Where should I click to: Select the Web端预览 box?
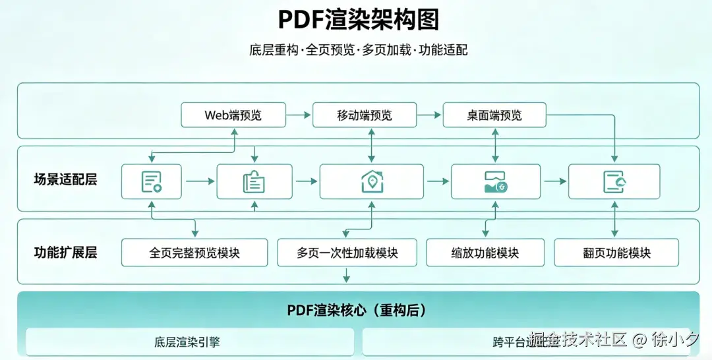coord(233,115)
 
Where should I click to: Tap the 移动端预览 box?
coord(365,115)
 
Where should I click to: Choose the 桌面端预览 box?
coord(494,115)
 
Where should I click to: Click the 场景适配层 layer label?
coord(65,179)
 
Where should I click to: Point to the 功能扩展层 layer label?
coord(65,253)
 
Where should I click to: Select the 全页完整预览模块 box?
coord(194,253)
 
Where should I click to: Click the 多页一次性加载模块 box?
coord(347,253)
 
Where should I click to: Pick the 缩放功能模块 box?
coord(485,253)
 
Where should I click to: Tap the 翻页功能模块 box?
coord(616,253)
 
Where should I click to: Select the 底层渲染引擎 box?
coord(190,342)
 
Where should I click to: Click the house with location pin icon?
coord(372,181)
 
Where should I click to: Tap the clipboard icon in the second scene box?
coord(254,181)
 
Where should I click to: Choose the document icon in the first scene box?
coord(152,181)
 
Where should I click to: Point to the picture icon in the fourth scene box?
coord(495,181)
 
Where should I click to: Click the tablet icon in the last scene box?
coord(614,181)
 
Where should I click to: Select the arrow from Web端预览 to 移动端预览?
coord(299,115)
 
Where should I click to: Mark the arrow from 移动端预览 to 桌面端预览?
coord(429,115)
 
